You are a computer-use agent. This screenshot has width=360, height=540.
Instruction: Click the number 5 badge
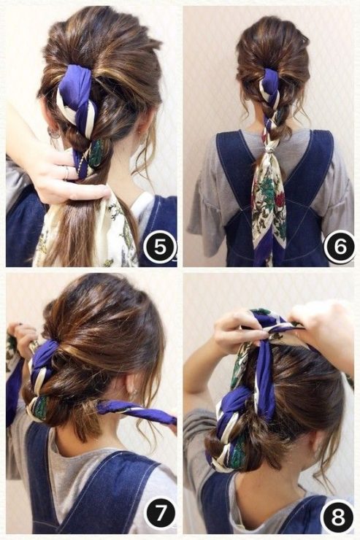click(160, 247)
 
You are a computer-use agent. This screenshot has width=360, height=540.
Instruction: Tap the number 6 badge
click(340, 247)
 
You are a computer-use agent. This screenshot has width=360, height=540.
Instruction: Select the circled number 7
click(158, 518)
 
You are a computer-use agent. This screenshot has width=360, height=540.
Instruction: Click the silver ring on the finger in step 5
click(67, 172)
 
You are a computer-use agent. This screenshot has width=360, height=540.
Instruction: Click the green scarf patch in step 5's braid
click(96, 153)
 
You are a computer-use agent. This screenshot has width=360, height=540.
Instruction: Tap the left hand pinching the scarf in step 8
click(240, 332)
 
